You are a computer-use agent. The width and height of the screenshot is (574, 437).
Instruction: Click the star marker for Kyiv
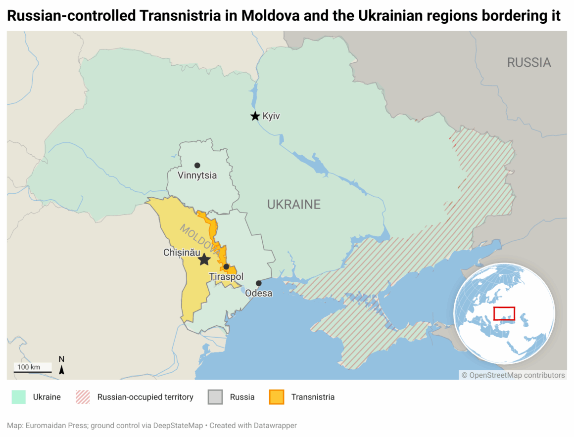(255, 116)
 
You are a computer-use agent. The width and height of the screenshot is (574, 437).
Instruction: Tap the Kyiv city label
(271, 116)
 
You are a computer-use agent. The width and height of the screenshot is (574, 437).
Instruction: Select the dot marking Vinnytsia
(197, 165)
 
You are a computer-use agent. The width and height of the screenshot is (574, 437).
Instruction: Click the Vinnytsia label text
(197, 175)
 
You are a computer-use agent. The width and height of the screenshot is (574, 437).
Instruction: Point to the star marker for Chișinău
(204, 260)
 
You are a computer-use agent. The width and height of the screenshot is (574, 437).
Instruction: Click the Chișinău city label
(182, 252)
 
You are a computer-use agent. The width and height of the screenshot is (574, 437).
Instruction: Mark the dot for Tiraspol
(226, 267)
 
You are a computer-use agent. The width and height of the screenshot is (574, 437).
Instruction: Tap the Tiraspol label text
(226, 277)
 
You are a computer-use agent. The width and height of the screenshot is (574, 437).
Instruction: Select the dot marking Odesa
(258, 283)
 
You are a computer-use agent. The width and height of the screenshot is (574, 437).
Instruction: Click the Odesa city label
(259, 293)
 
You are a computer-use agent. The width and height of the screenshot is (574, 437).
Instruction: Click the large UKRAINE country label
(294, 204)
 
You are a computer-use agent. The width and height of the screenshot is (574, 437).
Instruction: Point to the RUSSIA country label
(529, 62)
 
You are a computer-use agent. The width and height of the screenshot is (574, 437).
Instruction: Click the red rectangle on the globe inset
(504, 313)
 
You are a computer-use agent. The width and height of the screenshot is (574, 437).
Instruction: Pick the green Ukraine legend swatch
(18, 397)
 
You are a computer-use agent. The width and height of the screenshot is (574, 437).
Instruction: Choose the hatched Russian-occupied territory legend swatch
(83, 397)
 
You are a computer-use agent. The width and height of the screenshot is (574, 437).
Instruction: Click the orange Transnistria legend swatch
(277, 397)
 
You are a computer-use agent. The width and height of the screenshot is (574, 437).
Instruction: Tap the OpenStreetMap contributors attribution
(513, 375)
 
